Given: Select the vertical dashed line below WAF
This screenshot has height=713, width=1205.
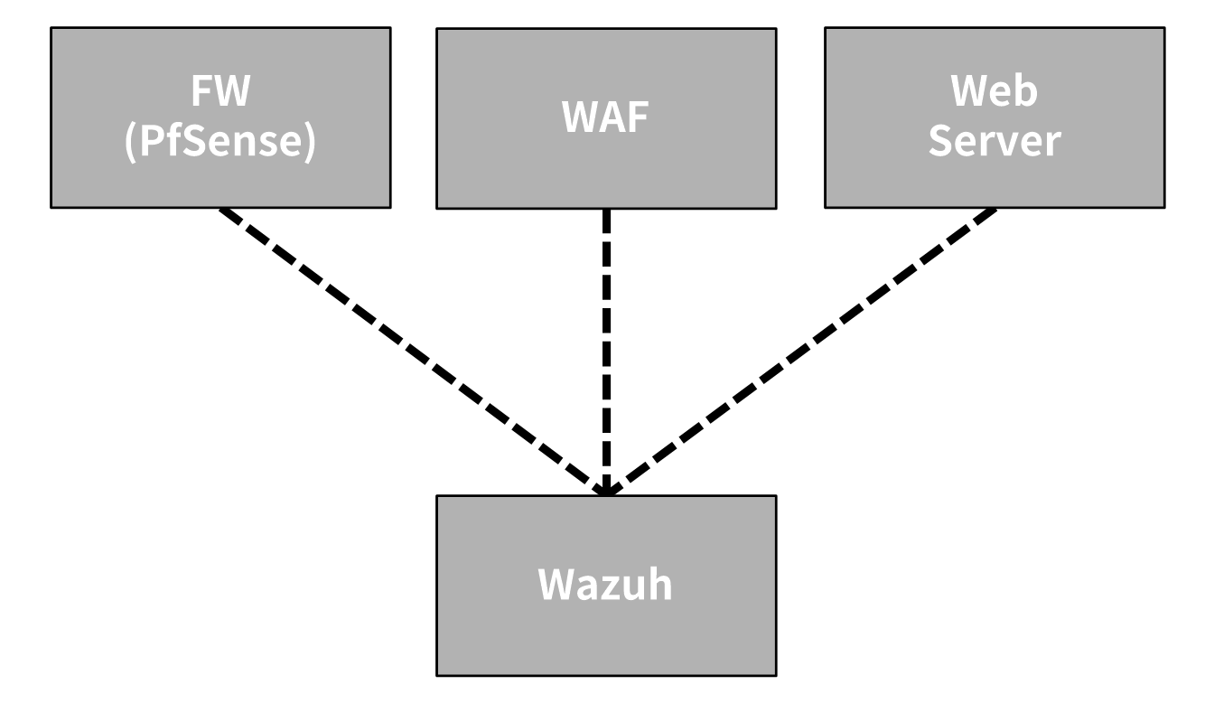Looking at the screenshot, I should [606, 352].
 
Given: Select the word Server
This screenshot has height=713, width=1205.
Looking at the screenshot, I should [995, 143].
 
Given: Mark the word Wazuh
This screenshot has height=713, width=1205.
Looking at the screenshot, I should [605, 586].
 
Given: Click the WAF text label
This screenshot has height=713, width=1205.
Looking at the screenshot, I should [606, 118].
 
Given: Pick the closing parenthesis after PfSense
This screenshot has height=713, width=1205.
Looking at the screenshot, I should [311, 145].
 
